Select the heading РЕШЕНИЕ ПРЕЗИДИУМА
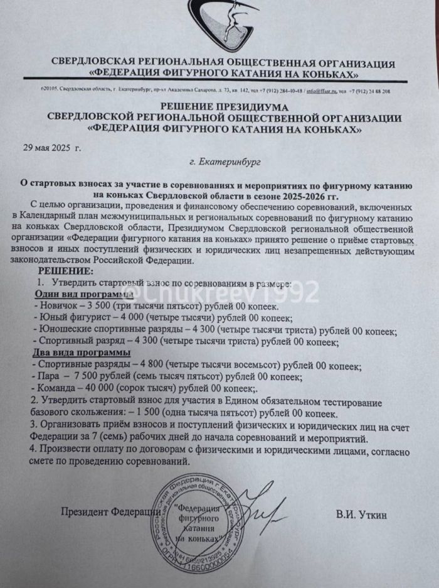(x=223, y=107)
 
